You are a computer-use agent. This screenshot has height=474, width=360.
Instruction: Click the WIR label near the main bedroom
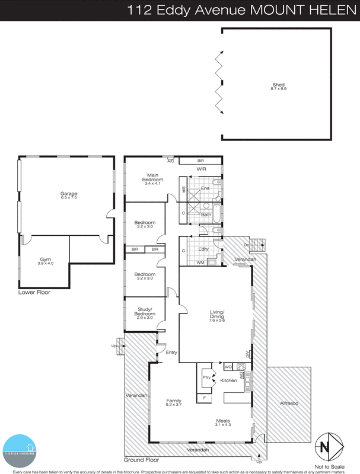click(201, 169)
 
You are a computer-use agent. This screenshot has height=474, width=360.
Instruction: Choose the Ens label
click(205, 188)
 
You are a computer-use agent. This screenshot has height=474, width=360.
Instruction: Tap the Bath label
click(206, 214)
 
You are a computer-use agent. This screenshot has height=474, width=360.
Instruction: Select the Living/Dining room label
click(215, 316)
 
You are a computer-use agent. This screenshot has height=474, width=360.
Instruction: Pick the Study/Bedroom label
click(145, 311)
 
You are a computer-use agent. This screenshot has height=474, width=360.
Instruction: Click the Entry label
click(171, 353)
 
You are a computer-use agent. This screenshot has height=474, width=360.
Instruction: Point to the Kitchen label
click(229, 380)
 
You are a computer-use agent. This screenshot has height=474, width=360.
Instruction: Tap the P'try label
click(207, 377)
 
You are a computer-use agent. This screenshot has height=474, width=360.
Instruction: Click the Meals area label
click(223, 423)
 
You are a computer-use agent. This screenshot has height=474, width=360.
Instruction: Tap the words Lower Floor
click(34, 292)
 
